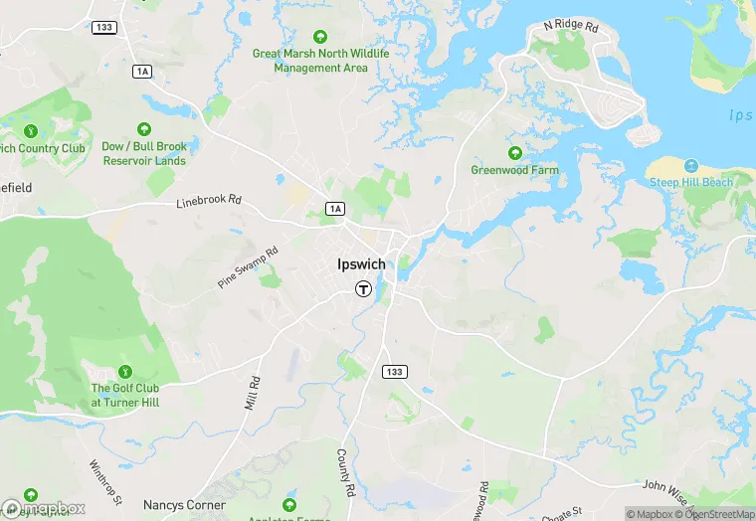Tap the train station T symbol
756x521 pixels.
pyautogui.click(x=364, y=289)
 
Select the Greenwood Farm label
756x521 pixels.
pyautogui.click(x=514, y=170)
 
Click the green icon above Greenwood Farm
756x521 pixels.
pyautogui.click(x=515, y=153)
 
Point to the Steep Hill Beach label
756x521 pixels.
pyautogui.click(x=691, y=182)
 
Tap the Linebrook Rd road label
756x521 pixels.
pyautogui.click(x=209, y=200)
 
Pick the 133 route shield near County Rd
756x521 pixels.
pyautogui.click(x=395, y=372)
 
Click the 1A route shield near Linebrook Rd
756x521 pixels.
pyautogui.click(x=335, y=208)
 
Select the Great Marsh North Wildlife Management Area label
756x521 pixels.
pyautogui.click(x=321, y=61)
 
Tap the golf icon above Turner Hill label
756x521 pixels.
pyautogui.click(x=124, y=371)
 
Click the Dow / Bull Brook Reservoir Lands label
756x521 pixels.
pyautogui.click(x=143, y=153)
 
